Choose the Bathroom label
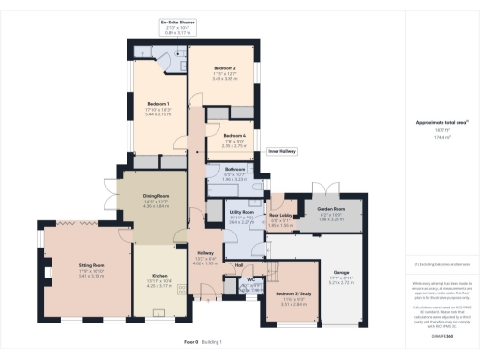(234, 169)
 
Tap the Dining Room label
(143, 194)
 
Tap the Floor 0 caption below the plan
(190, 343)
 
